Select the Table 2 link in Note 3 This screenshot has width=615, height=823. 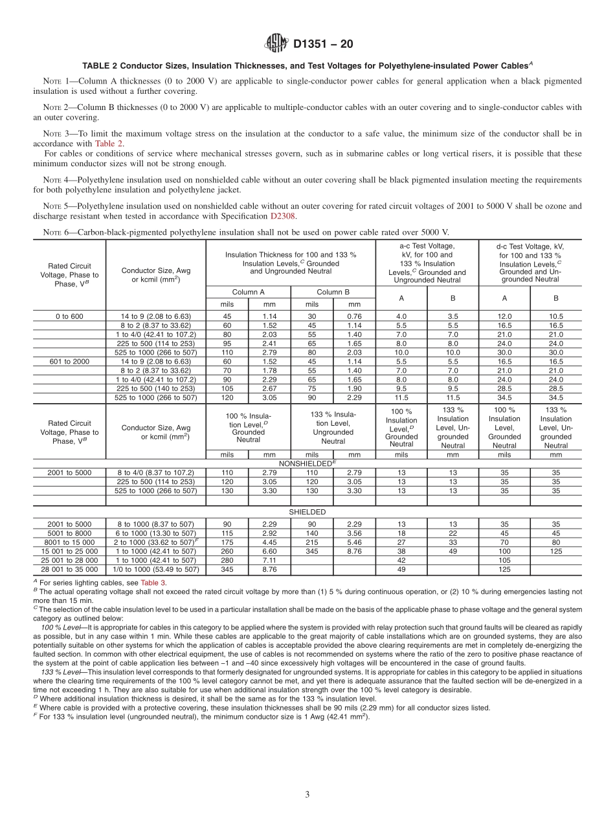109,144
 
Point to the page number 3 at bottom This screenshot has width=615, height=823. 307,795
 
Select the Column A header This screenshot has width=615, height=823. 248,292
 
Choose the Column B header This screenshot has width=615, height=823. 333,292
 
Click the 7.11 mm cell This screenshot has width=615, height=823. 269,560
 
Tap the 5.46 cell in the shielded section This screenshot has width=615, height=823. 354,542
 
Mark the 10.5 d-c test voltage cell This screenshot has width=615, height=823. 555,316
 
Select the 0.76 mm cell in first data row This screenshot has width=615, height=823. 354,316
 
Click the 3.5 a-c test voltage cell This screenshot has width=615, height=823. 453,316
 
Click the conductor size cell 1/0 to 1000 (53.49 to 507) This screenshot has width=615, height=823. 155,569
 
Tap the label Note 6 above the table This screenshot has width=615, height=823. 56,232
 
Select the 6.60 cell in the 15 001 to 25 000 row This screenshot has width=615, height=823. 269,551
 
